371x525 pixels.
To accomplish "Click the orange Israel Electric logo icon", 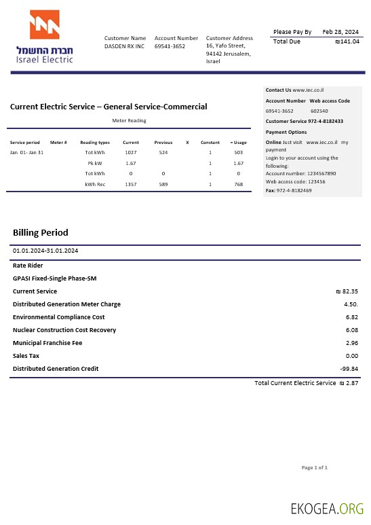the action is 44,26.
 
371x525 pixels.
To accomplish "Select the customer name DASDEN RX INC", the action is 124,47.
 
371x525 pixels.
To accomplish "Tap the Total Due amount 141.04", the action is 348,41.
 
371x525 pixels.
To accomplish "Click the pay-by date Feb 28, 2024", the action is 340,32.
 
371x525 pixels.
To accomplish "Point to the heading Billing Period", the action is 41,233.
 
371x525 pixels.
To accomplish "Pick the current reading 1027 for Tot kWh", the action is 131,153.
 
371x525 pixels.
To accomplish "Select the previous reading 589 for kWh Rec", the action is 163,184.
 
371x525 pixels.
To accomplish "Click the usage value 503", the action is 239,153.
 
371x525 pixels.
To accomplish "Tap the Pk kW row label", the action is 95,164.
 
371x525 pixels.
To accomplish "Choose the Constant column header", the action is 210,143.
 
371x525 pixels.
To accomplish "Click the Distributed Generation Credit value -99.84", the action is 349,369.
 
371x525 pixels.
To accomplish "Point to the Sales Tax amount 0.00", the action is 351,356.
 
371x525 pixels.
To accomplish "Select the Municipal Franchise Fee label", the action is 47,343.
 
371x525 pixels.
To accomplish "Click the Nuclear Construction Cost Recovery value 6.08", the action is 351,330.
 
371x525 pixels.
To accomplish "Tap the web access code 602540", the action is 319,111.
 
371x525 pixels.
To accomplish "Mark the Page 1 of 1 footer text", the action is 315,467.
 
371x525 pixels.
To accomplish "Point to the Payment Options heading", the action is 286,132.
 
